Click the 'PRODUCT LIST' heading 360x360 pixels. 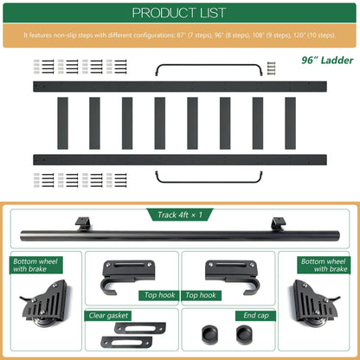[x=179, y=13]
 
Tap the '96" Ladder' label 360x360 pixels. [x=327, y=61]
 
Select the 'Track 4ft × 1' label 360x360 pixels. [x=180, y=215]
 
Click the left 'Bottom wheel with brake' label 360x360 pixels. [x=35, y=265]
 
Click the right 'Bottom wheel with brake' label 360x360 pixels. [x=324, y=265]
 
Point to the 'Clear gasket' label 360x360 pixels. [x=108, y=316]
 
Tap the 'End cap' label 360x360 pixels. [x=256, y=316]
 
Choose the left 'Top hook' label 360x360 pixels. [x=159, y=295]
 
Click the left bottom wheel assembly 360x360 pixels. [x=45, y=304]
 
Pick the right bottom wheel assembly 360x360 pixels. [x=315, y=304]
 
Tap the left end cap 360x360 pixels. [x=209, y=334]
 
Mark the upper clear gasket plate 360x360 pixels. [x=140, y=328]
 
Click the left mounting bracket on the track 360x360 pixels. [x=82, y=224]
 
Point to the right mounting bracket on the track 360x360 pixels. [x=279, y=224]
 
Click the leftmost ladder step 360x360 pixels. [x=62, y=123]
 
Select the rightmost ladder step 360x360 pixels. [x=290, y=123]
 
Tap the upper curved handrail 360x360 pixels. [x=209, y=66]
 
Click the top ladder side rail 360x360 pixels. [x=180, y=87]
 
